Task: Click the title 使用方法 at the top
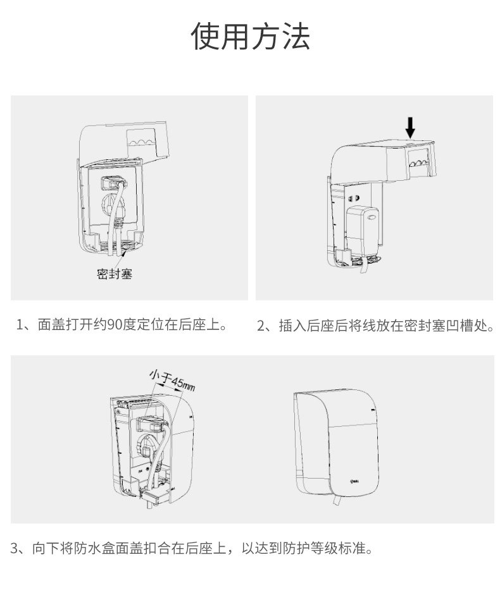tap(251, 36)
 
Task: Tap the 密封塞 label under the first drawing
tap(115, 274)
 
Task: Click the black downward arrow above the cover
tap(410, 126)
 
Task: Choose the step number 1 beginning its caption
tap(20, 326)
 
